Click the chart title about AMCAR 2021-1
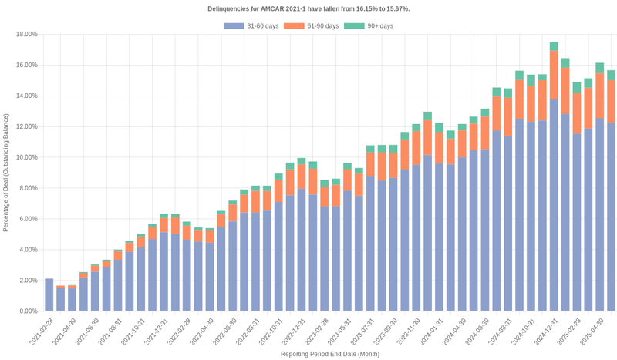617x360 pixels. (x=308, y=8)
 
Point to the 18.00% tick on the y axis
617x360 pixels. (x=27, y=34)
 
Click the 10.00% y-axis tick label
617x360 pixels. (x=27, y=157)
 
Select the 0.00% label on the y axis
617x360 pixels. (x=29, y=311)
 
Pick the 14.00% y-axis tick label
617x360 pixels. (x=27, y=96)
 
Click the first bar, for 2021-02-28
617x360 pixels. (x=49, y=295)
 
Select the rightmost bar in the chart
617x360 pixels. (x=611, y=216)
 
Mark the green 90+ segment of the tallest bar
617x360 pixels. (x=554, y=46)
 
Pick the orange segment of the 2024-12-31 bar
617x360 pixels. (x=554, y=75)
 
